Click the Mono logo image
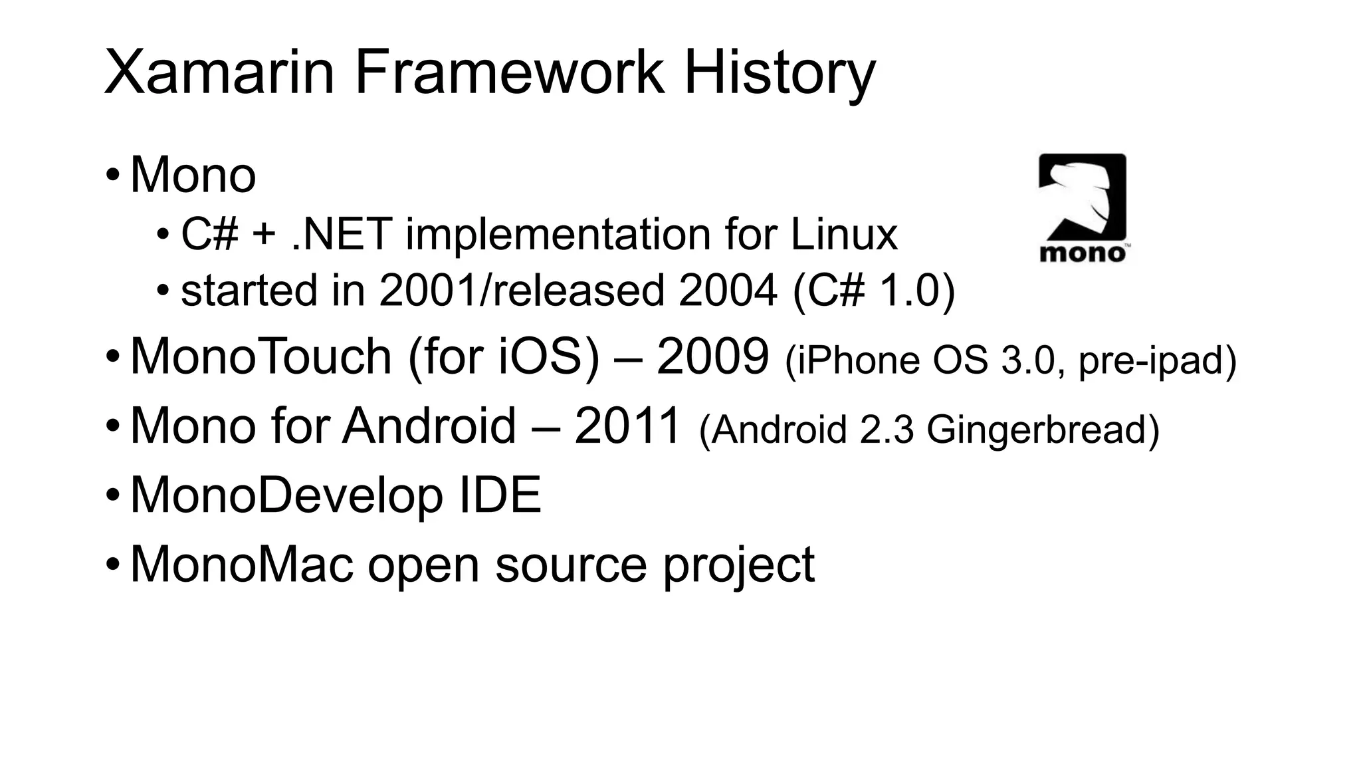click(x=1083, y=208)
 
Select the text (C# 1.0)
click(x=874, y=291)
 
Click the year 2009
click(x=712, y=357)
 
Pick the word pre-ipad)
click(x=1157, y=361)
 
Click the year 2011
click(x=627, y=426)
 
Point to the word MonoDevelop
click(x=286, y=495)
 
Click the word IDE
click(x=500, y=495)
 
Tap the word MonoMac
click(x=241, y=565)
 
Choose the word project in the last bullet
click(x=738, y=566)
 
